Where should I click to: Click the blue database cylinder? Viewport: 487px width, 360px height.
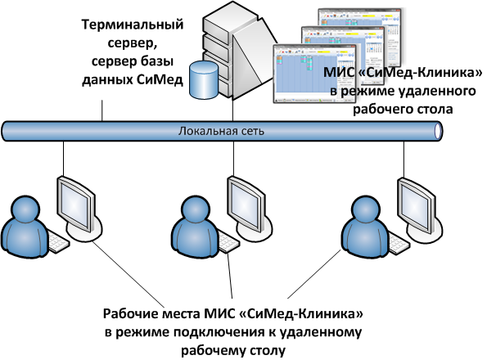point(204,79)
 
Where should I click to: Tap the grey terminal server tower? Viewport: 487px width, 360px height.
point(239,52)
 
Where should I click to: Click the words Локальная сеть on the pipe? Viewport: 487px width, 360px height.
point(221,131)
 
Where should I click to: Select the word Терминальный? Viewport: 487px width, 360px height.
point(133,25)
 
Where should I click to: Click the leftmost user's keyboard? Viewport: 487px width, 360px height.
point(58,241)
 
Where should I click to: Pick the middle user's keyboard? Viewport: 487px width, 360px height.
point(228,242)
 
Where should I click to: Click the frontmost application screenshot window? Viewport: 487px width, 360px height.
point(314,74)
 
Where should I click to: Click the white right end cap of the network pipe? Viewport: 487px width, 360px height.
point(438,131)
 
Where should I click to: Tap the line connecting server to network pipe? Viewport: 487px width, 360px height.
point(233,110)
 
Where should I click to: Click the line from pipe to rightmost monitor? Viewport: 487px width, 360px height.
point(404,160)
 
